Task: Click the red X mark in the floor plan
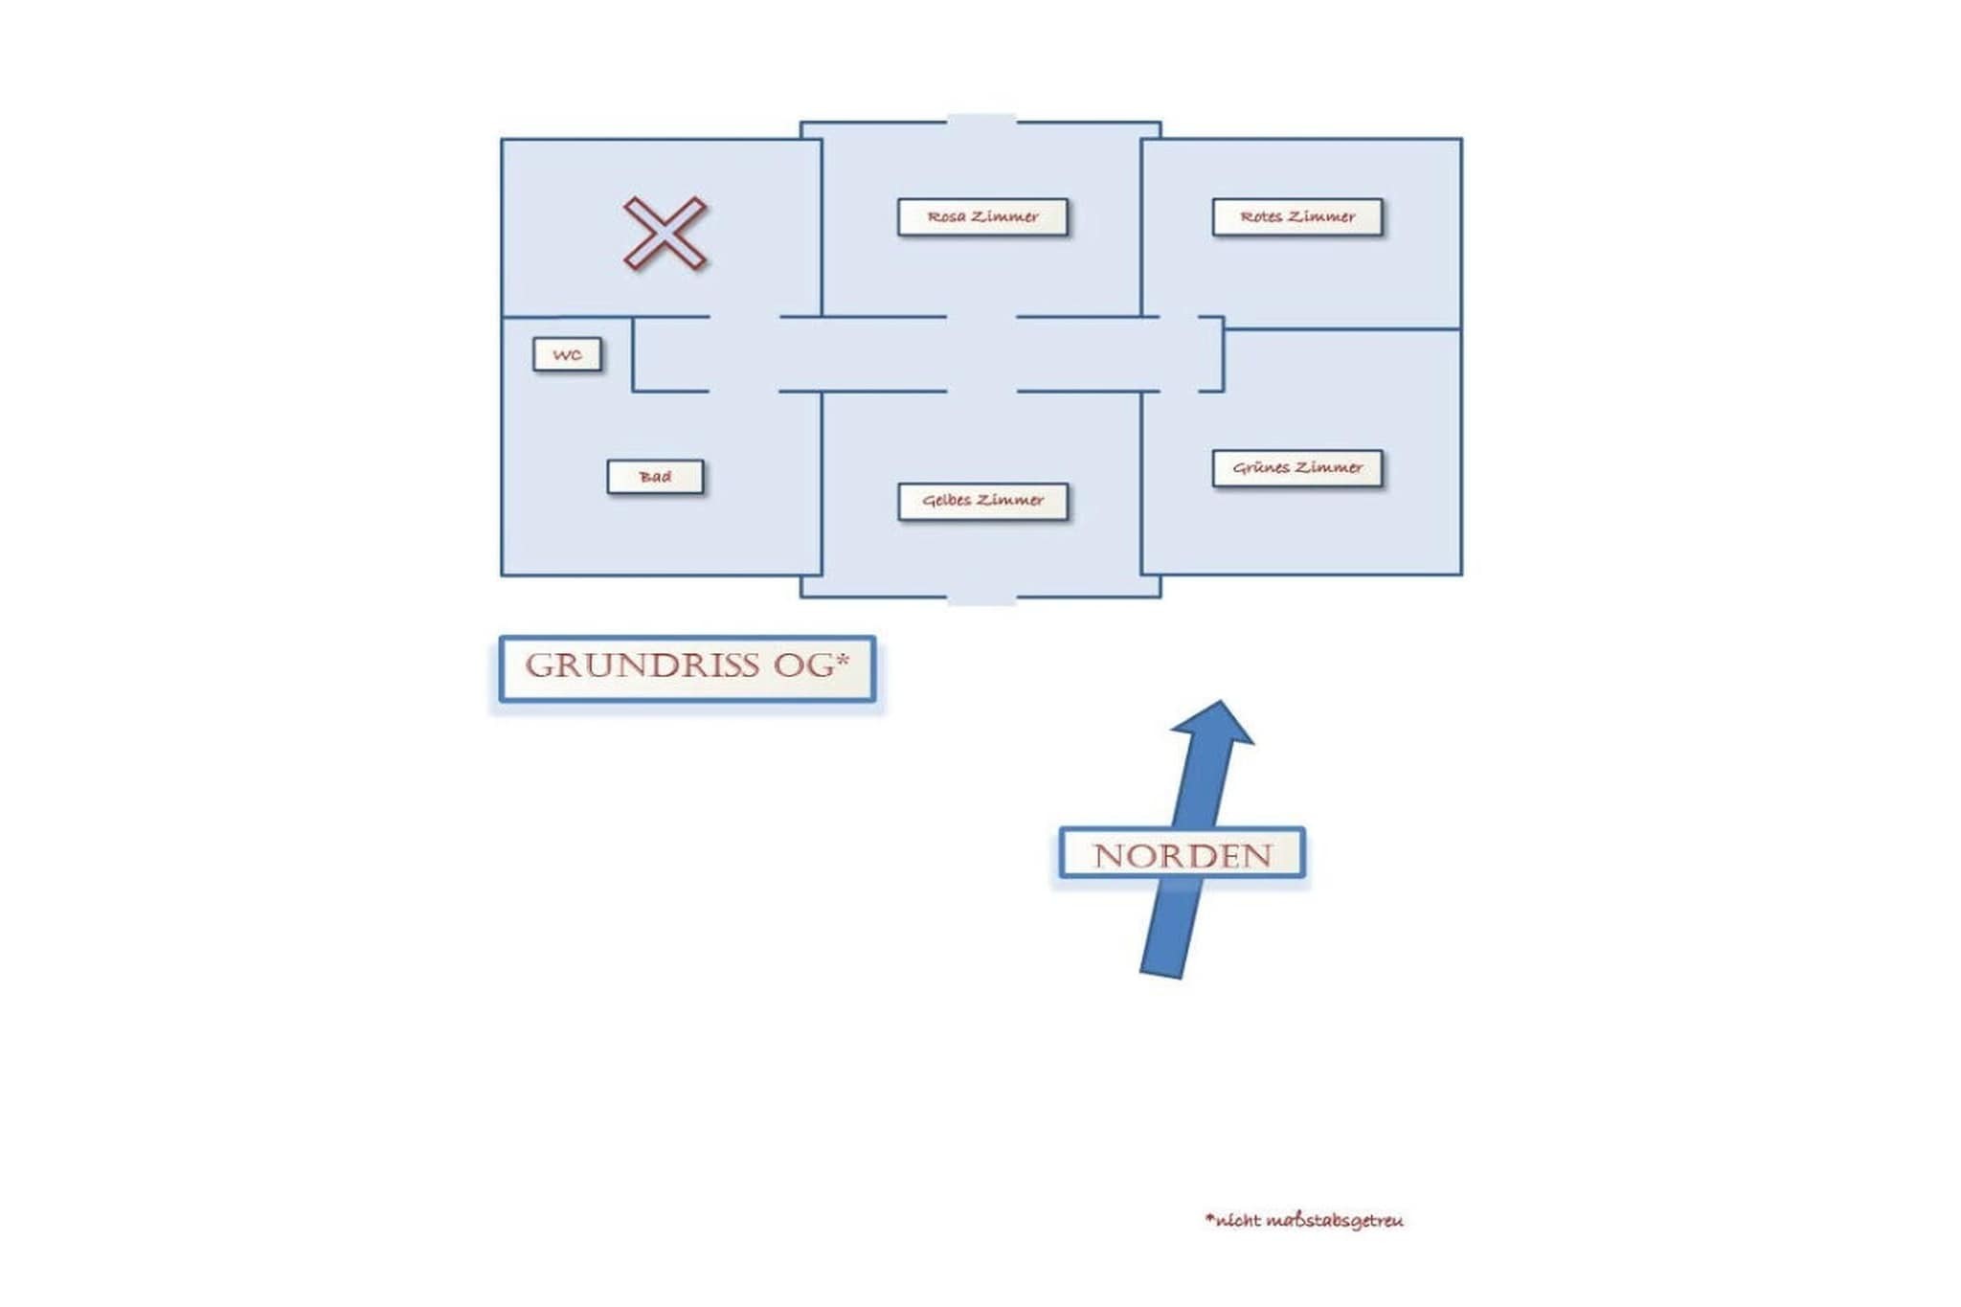pyautogui.click(x=665, y=233)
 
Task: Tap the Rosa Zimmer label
pyautogui.click(x=982, y=216)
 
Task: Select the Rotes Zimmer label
pyautogui.click(x=1297, y=216)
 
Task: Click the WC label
pyautogui.click(x=567, y=354)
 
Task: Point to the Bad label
pyautogui.click(x=655, y=476)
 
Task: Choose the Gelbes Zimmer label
pyautogui.click(x=982, y=501)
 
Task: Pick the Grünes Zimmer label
pyautogui.click(x=1297, y=468)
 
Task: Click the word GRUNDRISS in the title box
pyautogui.click(x=642, y=665)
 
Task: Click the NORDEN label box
pyautogui.click(x=1182, y=853)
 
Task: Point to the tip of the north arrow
pyautogui.click(x=1221, y=701)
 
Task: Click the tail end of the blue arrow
pyautogui.click(x=1161, y=975)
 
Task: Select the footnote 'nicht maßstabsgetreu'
pyautogui.click(x=1304, y=1220)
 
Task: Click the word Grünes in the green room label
pyautogui.click(x=1261, y=467)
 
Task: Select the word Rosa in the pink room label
pyautogui.click(x=946, y=216)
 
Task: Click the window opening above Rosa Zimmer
pyautogui.click(x=981, y=121)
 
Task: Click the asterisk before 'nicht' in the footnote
pyautogui.click(x=1209, y=1217)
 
